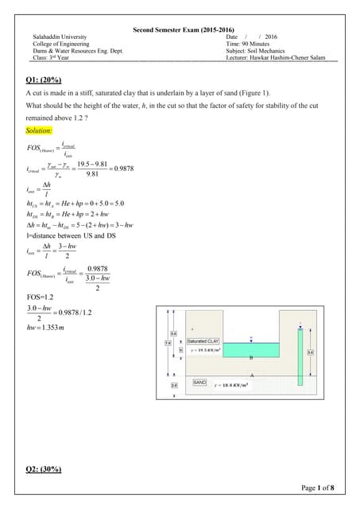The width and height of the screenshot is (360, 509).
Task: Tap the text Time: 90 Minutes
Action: tap(253, 44)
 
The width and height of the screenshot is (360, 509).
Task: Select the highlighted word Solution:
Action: tap(40, 130)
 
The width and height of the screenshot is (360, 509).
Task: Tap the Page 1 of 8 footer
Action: tap(318, 488)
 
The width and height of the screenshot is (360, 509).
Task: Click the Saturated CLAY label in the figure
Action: tap(204, 341)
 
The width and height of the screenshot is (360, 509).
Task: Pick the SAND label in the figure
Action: tap(200, 383)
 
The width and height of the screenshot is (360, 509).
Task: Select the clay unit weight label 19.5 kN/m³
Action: tap(209, 350)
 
